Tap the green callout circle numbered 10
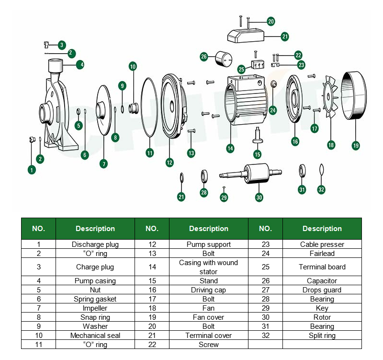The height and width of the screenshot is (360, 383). [133, 66]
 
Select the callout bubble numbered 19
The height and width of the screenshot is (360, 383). [355, 145]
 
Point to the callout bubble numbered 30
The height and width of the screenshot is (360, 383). [259, 197]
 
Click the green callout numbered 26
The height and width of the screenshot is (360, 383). [204, 57]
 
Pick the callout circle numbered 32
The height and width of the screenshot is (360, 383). [321, 189]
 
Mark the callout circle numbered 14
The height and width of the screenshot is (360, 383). [230, 149]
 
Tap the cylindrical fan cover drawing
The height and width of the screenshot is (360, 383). [354, 95]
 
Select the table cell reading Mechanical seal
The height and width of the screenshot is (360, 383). [95, 336]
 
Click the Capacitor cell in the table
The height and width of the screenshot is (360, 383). [322, 281]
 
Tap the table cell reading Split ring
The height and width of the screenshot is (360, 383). [322, 336]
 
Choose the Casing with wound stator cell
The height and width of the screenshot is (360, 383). [208, 267]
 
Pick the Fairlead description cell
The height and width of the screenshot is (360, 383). [322, 254]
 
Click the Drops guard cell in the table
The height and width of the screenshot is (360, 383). [322, 290]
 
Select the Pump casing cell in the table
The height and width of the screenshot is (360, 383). [95, 281]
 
